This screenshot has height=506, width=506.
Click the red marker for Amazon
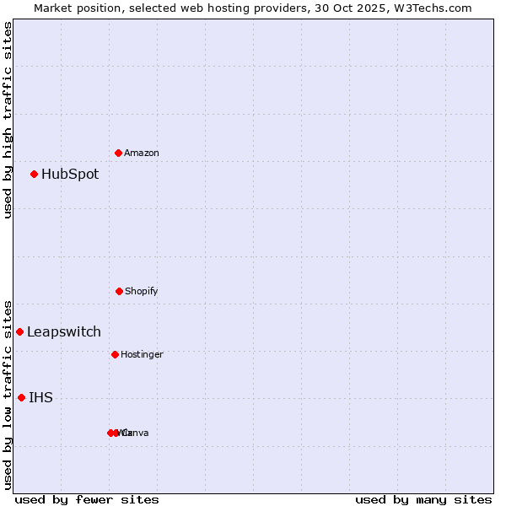pyautogui.click(x=119, y=153)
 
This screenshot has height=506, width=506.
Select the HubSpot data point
pyautogui.click(x=35, y=175)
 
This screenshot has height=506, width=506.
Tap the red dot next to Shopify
pyautogui.click(x=119, y=291)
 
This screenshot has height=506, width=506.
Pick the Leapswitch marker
pyautogui.click(x=19, y=331)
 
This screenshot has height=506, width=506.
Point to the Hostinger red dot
pyautogui.click(x=115, y=354)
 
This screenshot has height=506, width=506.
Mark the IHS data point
pyautogui.click(x=21, y=397)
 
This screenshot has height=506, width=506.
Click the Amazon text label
pyautogui.click(x=142, y=153)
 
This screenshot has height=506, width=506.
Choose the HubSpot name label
pyautogui.click(x=70, y=175)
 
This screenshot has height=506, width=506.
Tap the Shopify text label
pyautogui.click(x=142, y=291)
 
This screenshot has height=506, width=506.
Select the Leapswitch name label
pyautogui.click(x=64, y=331)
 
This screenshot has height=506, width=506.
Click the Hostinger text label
pyautogui.click(x=142, y=354)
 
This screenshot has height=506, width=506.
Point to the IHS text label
pyautogui.click(x=40, y=397)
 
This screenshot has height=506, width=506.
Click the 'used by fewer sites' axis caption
pyautogui.click(x=87, y=499)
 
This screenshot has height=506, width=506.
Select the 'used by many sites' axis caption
pyautogui.click(x=423, y=499)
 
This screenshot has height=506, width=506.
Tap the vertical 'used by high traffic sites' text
pyautogui.click(x=8, y=120)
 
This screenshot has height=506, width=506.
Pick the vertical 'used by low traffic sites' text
pyautogui.click(x=8, y=394)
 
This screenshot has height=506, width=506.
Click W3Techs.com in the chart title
pyautogui.click(x=429, y=8)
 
